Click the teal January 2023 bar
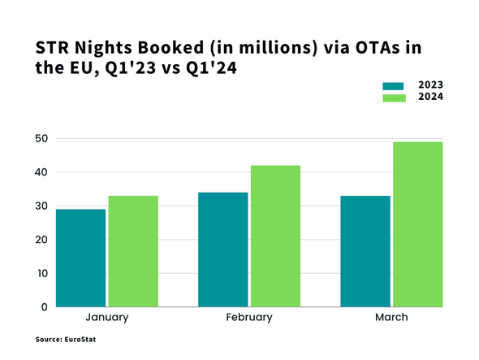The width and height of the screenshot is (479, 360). click(80, 258)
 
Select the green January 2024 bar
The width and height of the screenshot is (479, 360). click(133, 251)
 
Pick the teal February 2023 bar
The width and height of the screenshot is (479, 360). click(223, 249)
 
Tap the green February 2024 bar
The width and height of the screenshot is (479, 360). click(275, 236)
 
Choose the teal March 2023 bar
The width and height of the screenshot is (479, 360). click(365, 251)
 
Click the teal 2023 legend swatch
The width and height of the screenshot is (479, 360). click(393, 85)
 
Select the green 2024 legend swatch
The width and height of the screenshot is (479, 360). click(393, 98)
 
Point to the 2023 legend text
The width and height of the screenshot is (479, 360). click(429, 85)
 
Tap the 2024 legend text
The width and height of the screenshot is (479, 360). click(429, 98)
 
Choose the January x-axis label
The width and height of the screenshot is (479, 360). click(106, 318)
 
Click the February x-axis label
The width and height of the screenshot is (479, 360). click(249, 318)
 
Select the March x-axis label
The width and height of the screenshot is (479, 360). click(391, 318)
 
